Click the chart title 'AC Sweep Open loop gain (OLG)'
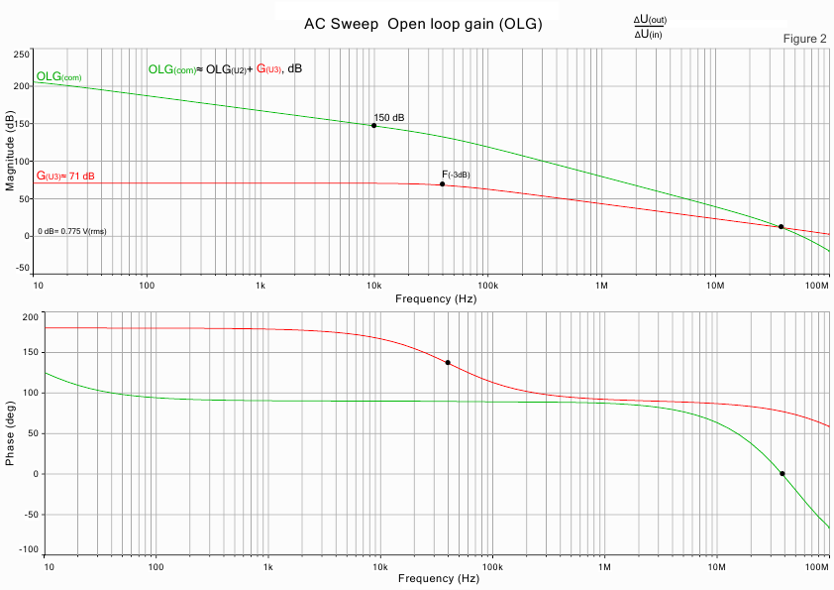coord(423,24)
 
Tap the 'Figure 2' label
coord(804,39)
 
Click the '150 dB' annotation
coord(389,118)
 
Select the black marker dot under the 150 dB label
coord(373,126)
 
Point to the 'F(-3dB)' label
coord(456,175)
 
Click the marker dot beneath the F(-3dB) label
coord(442,184)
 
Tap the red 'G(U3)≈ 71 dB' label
coord(65,177)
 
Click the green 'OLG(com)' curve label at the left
coord(58,76)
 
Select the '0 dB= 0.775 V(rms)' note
coord(72,231)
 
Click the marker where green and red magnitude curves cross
coord(781,227)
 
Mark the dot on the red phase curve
coord(448,363)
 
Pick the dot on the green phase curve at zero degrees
coord(782,474)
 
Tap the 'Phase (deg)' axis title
coord(11,434)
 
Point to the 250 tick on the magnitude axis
coord(22,54)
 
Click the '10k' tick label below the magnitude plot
coord(373,286)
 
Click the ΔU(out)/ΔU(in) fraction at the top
coord(650,28)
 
